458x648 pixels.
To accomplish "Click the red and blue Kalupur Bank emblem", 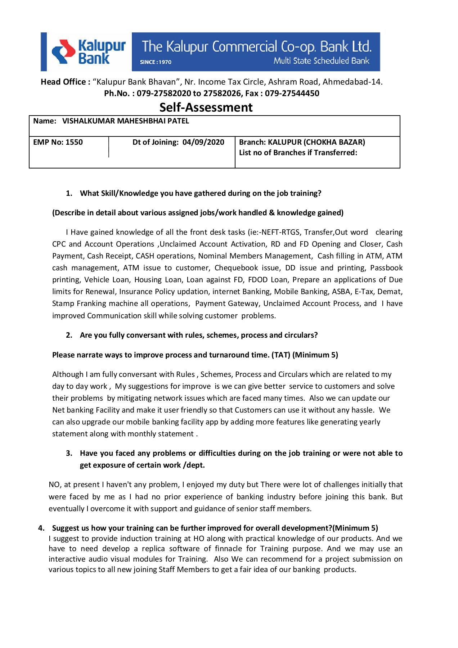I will tap(63, 51).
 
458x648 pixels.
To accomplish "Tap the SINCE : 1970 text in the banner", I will tap(156, 62).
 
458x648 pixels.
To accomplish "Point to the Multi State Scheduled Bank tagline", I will tap(321, 60).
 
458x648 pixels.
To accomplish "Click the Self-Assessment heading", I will tap(206, 107).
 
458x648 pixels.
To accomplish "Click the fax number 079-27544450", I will tap(292, 93).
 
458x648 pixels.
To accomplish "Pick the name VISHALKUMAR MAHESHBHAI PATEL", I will tap(125, 121).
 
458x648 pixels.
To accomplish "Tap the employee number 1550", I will tap(74, 142).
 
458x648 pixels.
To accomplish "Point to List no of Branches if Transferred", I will tap(298, 153).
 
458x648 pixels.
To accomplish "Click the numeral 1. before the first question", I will tap(69, 193).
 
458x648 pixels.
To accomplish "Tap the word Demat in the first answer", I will tap(389, 292).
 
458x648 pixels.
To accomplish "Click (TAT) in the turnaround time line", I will tap(281, 355).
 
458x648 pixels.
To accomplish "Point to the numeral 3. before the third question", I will tap(69, 453).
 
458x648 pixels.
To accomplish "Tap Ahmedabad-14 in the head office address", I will tap(352, 82).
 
